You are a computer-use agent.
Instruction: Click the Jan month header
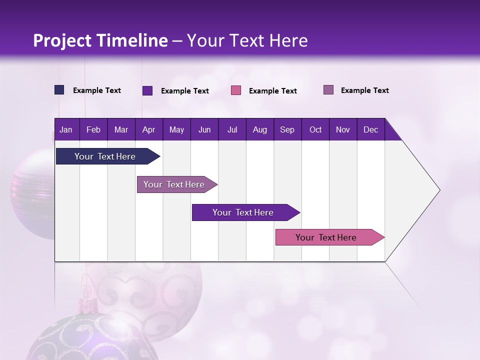[x=66, y=129]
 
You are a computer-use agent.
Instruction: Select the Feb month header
[x=93, y=129]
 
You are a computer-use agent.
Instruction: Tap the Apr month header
[x=148, y=129]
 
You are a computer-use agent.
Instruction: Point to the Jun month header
[x=204, y=129]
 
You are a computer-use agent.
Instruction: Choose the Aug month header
[x=259, y=129]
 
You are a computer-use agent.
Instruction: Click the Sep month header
[x=287, y=129]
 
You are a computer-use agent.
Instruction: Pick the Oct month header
[x=315, y=129]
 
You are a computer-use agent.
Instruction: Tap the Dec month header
[x=370, y=129]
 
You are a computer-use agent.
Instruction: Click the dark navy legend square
[x=59, y=90]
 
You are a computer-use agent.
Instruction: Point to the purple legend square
[x=147, y=90]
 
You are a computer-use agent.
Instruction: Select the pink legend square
[x=236, y=90]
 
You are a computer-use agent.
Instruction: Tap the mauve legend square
[x=328, y=90]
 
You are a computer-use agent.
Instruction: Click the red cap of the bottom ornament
[x=87, y=303]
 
